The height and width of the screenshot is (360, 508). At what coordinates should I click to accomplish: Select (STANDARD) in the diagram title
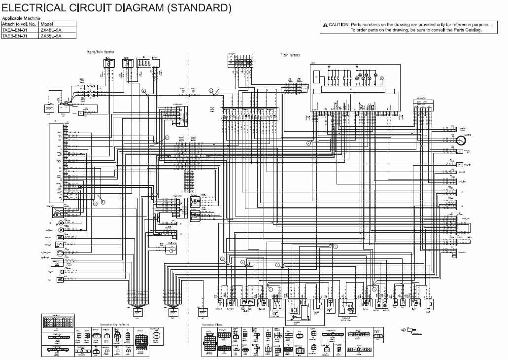click(201, 8)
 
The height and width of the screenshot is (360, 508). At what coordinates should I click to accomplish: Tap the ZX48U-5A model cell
click(51, 30)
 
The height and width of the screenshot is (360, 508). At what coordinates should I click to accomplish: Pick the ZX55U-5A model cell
click(51, 36)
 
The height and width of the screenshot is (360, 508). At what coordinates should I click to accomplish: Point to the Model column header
click(47, 24)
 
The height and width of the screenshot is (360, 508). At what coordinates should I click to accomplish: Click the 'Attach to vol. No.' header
click(19, 24)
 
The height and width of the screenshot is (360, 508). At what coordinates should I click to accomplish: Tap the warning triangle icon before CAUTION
click(325, 25)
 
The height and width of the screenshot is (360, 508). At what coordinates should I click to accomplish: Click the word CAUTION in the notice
click(339, 25)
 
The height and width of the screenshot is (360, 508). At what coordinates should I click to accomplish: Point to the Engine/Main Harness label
click(100, 52)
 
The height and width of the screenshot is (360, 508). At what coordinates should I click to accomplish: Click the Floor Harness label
click(290, 55)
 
